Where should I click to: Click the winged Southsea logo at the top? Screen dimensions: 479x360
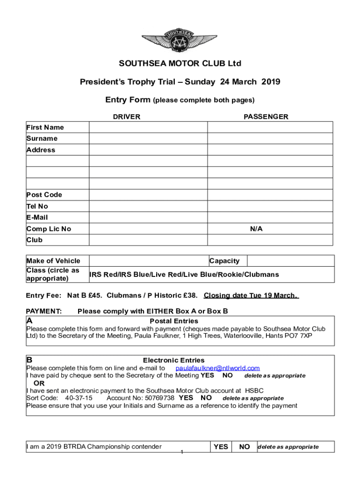(180, 40)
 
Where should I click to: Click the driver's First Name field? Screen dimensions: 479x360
(148, 127)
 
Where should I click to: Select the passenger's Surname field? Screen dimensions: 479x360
(270, 138)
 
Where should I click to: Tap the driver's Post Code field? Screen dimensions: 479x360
(148, 195)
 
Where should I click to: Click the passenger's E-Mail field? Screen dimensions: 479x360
(270, 217)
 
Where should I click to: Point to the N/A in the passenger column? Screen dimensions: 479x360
(256, 229)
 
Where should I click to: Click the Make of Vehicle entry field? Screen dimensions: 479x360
(148, 261)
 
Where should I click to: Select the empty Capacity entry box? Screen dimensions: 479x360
(290, 261)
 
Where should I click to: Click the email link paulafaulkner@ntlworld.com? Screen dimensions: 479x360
(217, 368)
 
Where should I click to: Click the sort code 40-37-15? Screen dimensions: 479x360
(79, 398)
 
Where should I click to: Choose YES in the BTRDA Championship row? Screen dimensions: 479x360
(221, 447)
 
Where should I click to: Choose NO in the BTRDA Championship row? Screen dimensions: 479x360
(244, 447)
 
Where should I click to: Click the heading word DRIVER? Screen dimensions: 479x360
(126, 117)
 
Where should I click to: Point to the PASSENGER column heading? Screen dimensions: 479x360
(266, 117)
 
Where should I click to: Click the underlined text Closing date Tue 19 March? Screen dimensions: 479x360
(251, 296)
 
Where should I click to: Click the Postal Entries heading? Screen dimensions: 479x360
(174, 321)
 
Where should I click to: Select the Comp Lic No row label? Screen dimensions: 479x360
(49, 229)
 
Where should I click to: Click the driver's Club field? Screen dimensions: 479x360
(148, 240)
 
